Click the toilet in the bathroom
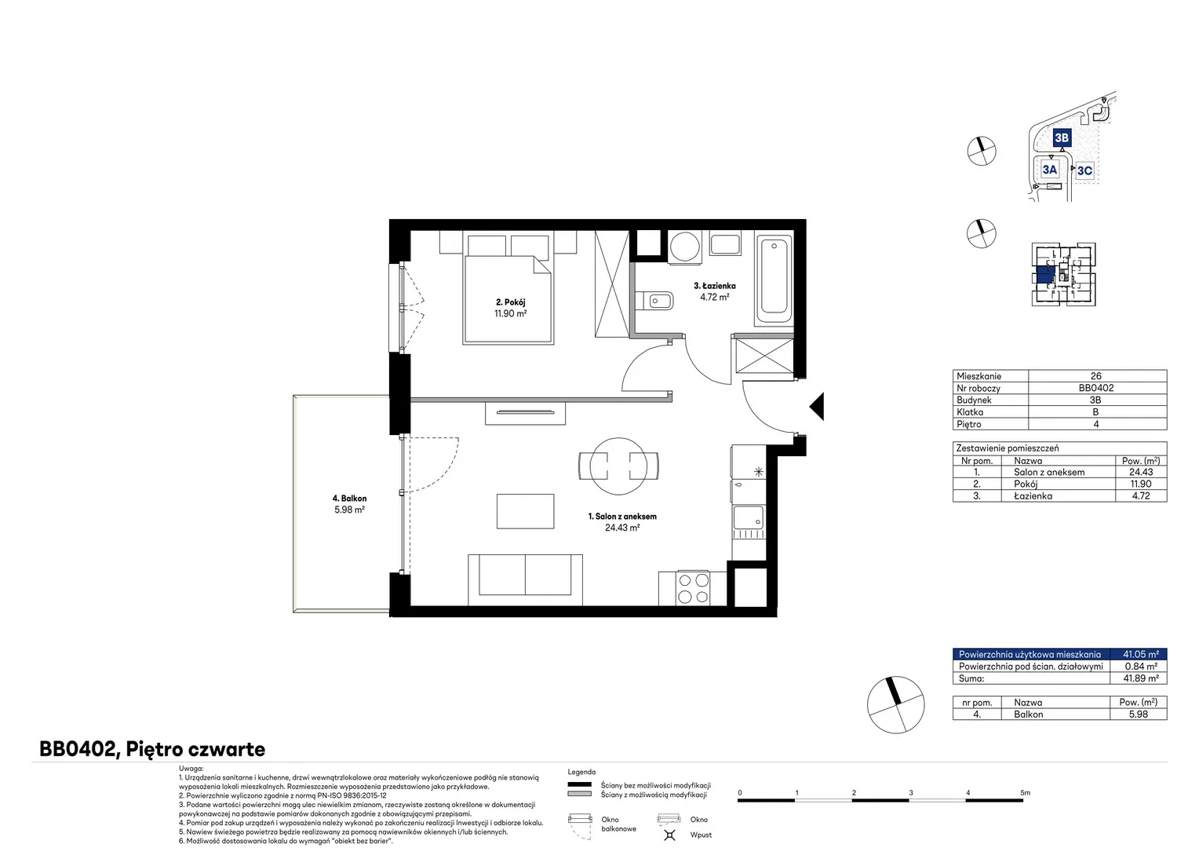(x=654, y=301)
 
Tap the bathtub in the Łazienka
(x=774, y=278)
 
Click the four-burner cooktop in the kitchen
(x=693, y=588)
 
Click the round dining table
(x=619, y=466)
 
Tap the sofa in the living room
(x=525, y=579)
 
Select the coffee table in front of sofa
(x=525, y=511)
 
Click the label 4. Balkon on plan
(x=349, y=498)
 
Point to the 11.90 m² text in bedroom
(x=511, y=314)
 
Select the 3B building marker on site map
(x=1062, y=137)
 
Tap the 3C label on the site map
(x=1084, y=171)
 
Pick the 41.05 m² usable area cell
(x=1141, y=654)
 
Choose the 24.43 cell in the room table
(x=1141, y=472)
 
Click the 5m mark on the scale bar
(x=1025, y=792)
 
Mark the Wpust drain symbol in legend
(x=669, y=835)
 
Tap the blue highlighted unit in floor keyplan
(x=1045, y=274)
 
